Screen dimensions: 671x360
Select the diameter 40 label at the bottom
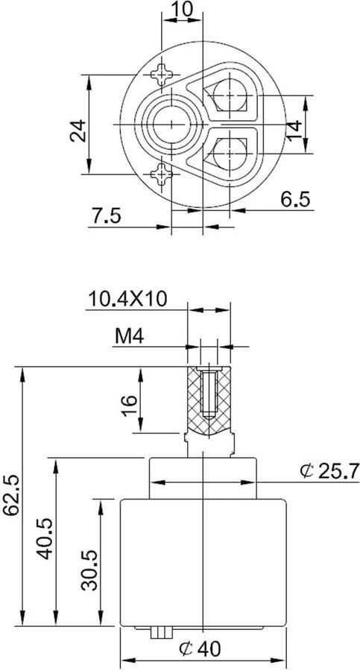pyautogui.click(x=200, y=649)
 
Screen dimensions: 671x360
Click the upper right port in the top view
pyautogui.click(x=230, y=95)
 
